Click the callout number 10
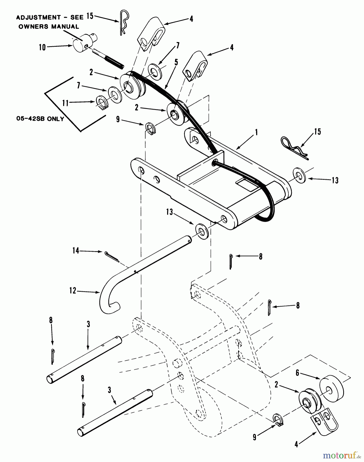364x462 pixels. (x=42, y=47)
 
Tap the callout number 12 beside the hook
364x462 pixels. (x=73, y=291)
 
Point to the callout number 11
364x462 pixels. (x=65, y=103)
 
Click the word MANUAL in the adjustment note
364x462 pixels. (x=66, y=26)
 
